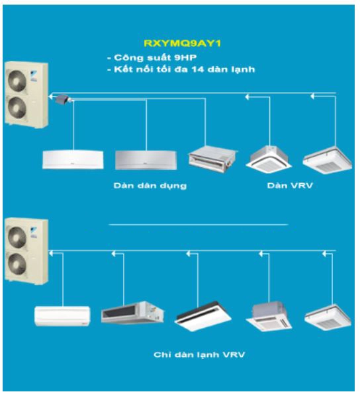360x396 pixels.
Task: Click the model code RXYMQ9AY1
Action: point(182,44)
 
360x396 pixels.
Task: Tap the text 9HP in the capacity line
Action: point(185,58)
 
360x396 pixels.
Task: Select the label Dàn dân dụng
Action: point(150,186)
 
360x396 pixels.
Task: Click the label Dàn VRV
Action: point(290,186)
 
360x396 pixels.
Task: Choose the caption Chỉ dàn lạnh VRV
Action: point(199,354)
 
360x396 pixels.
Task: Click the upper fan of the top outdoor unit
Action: point(17,81)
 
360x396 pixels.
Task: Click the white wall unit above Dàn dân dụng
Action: point(73,159)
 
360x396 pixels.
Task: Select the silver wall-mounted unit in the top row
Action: point(146,160)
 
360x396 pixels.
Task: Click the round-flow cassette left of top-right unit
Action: point(269,159)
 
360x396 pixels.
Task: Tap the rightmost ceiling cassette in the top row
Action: point(328,160)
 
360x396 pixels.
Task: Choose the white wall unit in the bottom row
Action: point(62,316)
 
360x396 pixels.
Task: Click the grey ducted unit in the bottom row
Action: point(132,313)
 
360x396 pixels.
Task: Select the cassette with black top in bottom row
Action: point(202,316)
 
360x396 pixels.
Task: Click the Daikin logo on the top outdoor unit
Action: point(34,75)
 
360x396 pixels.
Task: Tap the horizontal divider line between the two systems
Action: point(199,224)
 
